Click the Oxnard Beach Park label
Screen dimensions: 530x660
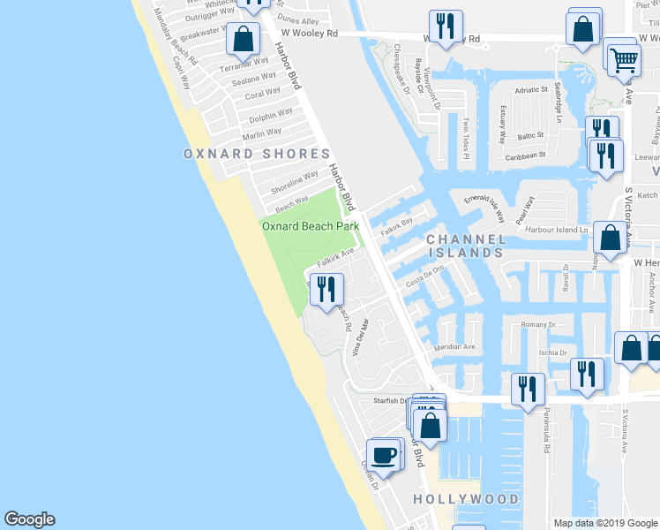tap(311, 226)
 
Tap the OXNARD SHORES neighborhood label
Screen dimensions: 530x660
tap(250, 154)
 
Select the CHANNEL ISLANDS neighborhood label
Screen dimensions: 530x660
tap(466, 246)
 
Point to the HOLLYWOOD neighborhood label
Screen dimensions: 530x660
tap(466, 499)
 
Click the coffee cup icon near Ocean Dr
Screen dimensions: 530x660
tap(383, 455)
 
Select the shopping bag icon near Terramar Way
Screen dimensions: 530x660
tap(243, 40)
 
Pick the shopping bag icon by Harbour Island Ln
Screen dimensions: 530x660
tap(611, 238)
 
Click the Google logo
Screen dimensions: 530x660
tap(29, 519)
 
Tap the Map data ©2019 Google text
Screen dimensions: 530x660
tap(605, 523)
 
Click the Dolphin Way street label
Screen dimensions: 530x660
tap(271, 115)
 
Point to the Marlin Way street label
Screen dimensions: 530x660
tap(262, 132)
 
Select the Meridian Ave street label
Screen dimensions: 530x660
tap(454, 346)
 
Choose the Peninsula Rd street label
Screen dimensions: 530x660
tap(546, 440)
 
